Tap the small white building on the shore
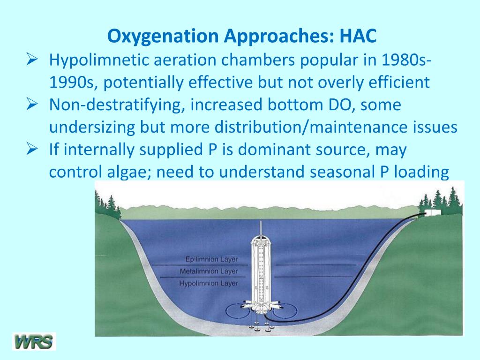pyautogui.click(x=432, y=213)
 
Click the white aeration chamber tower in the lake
pyautogui.click(x=261, y=272)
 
